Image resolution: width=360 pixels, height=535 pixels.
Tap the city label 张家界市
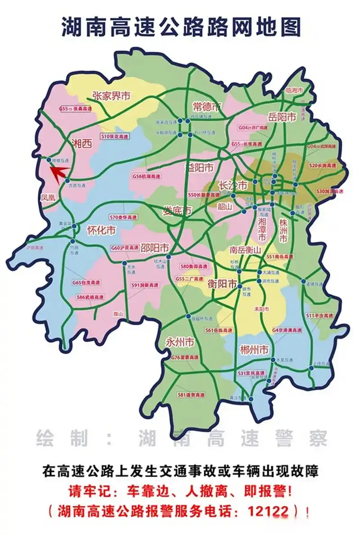pos(111,96)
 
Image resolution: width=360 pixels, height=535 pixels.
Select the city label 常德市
pos(207,107)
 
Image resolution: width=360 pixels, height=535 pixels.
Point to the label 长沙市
pos(233,185)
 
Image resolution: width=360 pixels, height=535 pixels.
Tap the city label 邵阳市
pos(154,248)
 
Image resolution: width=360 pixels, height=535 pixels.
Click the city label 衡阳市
pos(222,284)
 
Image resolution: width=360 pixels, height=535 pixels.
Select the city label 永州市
pos(180,342)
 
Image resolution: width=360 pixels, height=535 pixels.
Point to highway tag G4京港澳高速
pos(287,330)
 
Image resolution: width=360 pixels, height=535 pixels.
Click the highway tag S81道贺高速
pos(191,395)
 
